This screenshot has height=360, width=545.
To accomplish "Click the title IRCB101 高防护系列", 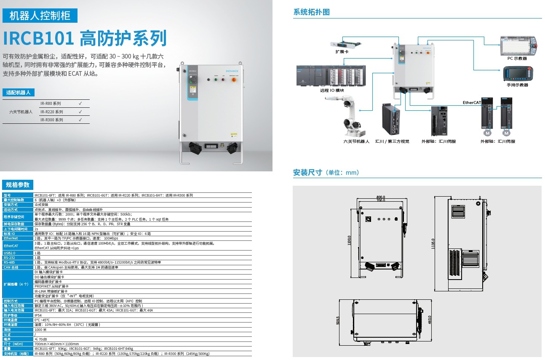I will pos(85,38).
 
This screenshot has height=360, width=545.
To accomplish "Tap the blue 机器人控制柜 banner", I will pos(40,16).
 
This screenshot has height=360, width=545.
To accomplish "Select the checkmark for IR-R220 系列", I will pos(80,112).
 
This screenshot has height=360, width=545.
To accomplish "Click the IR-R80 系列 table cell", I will pos(51,104).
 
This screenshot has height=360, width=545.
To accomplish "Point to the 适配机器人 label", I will pos(19,93).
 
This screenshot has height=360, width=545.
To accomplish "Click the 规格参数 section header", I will pos(18,185).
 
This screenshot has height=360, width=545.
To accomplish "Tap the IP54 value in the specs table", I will pos(37,315).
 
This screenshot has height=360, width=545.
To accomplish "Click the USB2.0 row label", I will pos(9,253).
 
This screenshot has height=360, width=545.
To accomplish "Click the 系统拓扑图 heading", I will pos(311,12).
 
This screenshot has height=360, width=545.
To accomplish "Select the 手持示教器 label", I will pos(517,85).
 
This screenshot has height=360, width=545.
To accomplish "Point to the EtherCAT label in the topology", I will pos(472,103).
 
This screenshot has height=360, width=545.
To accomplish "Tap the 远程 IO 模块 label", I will pos(332,91).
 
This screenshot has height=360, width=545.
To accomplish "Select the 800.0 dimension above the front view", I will pos(380,197).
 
